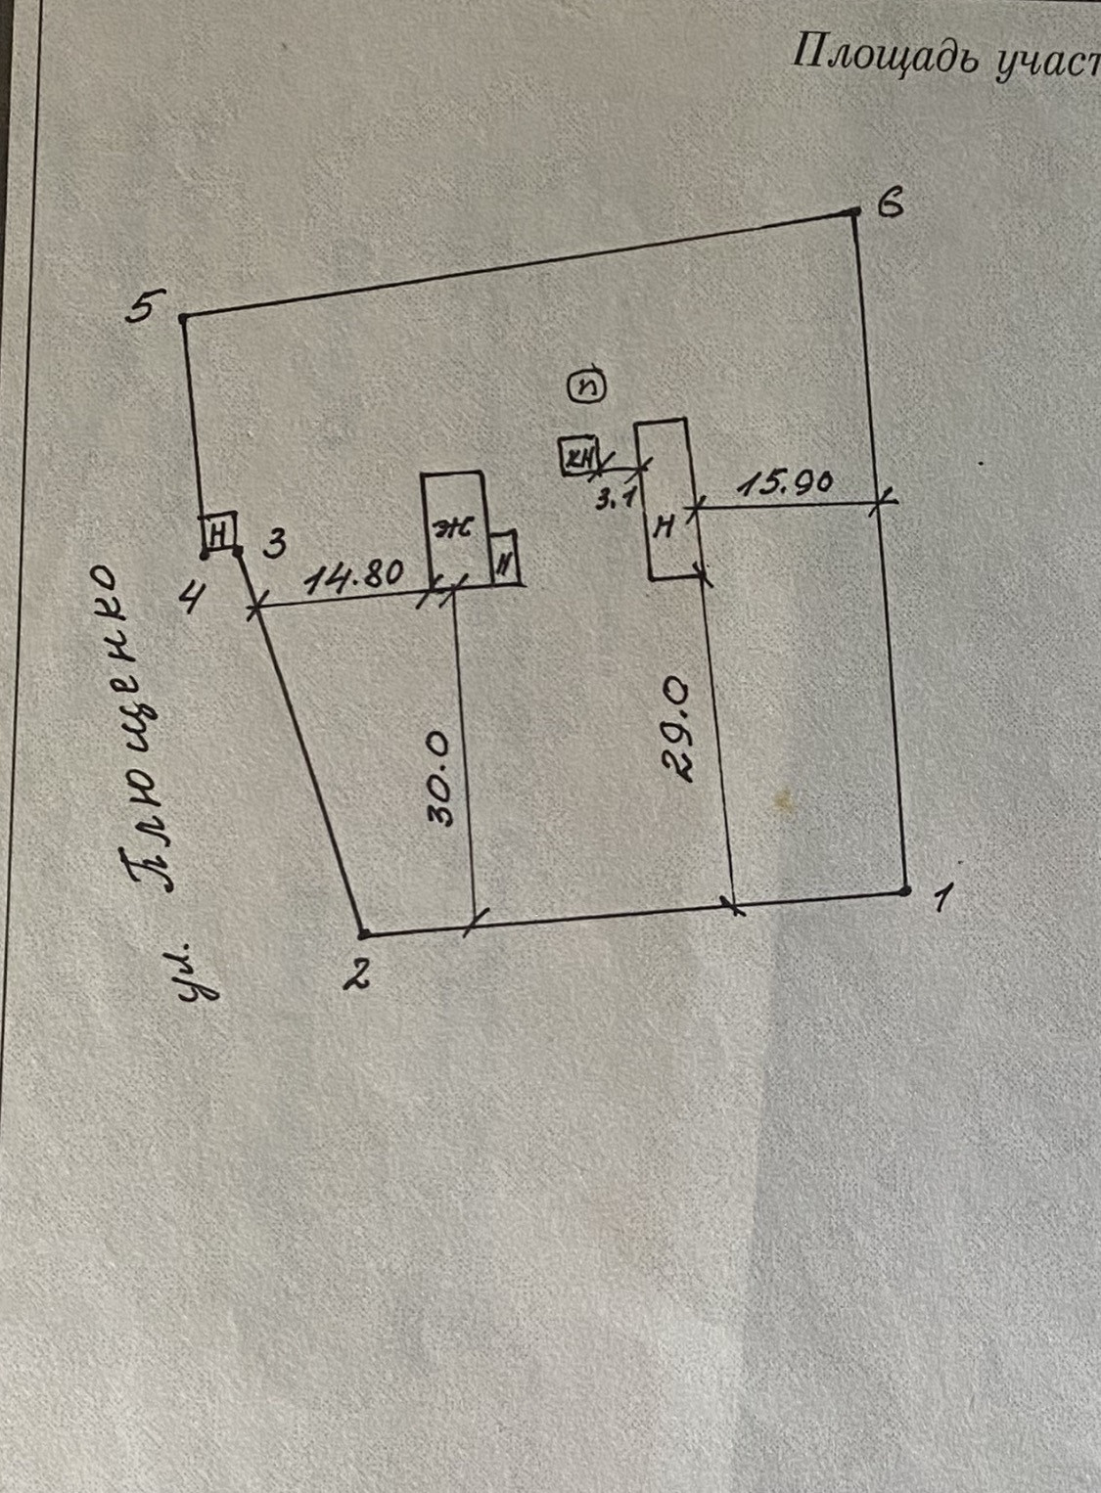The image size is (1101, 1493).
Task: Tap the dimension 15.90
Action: pyautogui.click(x=785, y=483)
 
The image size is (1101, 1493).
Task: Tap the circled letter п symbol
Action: pyautogui.click(x=589, y=386)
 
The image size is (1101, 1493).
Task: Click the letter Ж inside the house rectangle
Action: pyautogui.click(x=453, y=529)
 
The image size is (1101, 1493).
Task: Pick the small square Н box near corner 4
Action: pyautogui.click(x=219, y=533)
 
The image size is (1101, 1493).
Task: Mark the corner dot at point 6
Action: pyautogui.click(x=854, y=211)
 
